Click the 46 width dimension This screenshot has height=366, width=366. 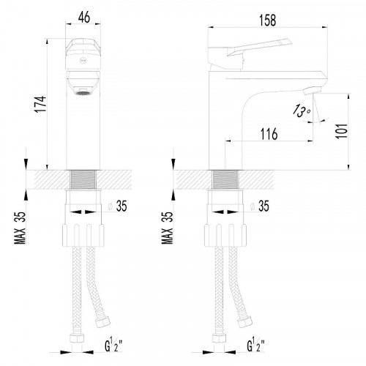coord(84,17)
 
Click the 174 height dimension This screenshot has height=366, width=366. coord(40,104)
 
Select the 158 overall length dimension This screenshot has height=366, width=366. coord(268,20)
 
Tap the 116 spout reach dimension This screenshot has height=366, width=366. coord(269,134)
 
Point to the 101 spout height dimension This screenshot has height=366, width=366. coord(342,131)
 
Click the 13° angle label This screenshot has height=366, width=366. coord(302,111)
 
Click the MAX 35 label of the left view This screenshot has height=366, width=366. coord(20,228)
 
